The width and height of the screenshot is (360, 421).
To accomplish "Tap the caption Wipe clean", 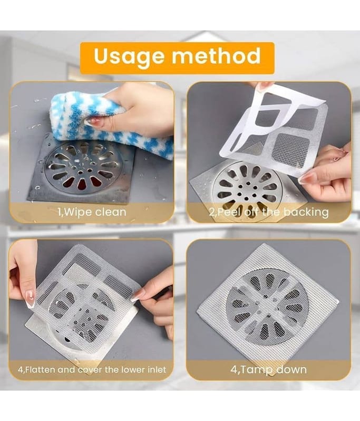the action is click(x=92, y=212).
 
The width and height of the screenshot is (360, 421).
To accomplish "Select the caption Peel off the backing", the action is click(x=269, y=212).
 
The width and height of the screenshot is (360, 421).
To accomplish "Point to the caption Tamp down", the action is click(x=269, y=369).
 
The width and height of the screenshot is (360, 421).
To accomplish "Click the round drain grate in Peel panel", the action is click(x=247, y=188).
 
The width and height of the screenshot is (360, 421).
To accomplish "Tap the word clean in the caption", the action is click(x=111, y=212).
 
